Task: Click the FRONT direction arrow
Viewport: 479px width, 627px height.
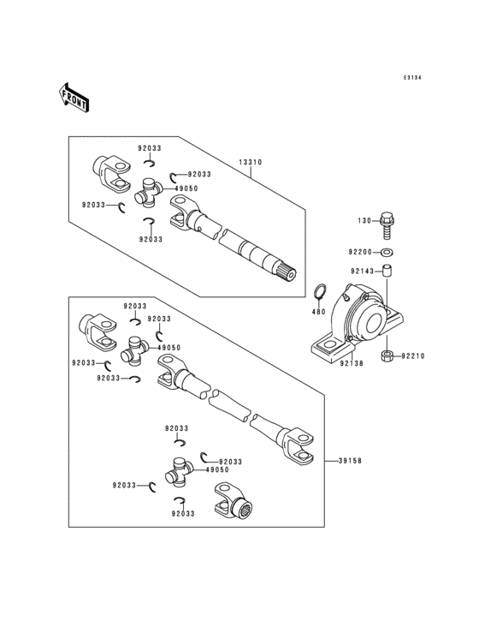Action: [x=74, y=98]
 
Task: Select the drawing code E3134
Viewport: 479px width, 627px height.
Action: [x=412, y=78]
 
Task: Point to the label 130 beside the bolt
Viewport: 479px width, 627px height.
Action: [x=364, y=221]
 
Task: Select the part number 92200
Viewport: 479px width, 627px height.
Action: [x=359, y=253]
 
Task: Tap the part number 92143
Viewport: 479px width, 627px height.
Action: [x=359, y=272]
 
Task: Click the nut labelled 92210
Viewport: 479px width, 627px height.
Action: [x=386, y=355]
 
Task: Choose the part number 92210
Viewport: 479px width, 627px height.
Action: [x=412, y=355]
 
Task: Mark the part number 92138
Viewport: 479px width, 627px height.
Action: [x=348, y=363]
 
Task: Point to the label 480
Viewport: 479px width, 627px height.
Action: [x=317, y=312]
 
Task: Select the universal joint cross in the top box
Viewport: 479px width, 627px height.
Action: [x=151, y=193]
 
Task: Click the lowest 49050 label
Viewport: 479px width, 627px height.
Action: [x=217, y=470]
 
